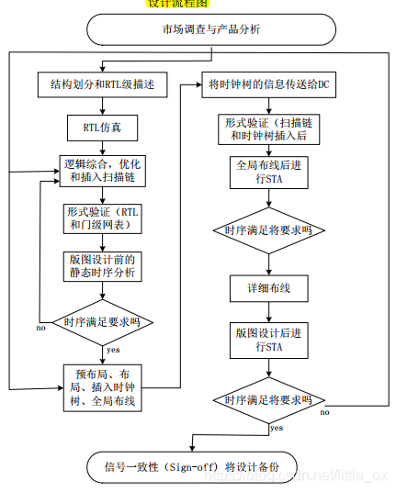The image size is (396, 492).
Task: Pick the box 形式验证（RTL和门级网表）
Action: (x=103, y=218)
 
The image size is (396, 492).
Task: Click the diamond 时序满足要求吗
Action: (x=103, y=323)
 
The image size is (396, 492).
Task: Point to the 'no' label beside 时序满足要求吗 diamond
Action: (x=41, y=328)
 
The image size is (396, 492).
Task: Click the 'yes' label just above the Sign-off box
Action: (x=276, y=428)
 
